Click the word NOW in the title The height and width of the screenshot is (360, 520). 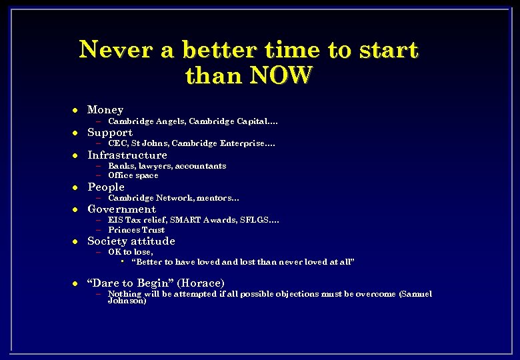click(280, 76)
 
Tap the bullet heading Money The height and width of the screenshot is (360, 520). click(105, 110)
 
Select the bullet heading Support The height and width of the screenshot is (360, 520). click(110, 133)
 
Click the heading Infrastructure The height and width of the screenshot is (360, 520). click(127, 155)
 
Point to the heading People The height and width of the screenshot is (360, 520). click(106, 187)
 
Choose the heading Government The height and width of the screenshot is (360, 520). click(122, 209)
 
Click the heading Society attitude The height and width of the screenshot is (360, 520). click(131, 241)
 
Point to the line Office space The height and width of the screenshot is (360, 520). click(133, 176)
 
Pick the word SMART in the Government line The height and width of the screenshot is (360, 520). click(187, 220)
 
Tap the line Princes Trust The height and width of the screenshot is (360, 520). click(136, 230)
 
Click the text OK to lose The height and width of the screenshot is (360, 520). click(131, 252)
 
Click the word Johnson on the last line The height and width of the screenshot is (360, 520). click(127, 301)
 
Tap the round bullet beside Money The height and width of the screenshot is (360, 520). click(76, 110)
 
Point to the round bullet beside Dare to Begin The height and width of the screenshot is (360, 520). click(76, 283)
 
